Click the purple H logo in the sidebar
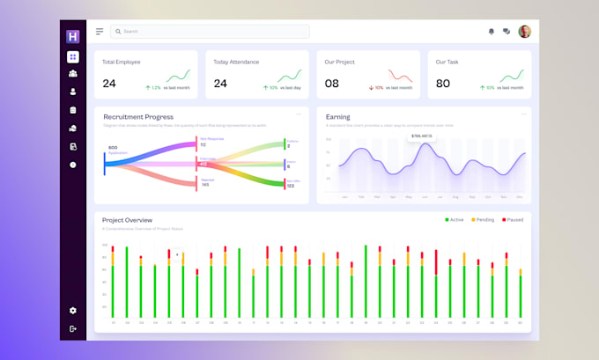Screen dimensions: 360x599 point(73,36)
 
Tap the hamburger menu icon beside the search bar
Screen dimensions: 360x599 point(100,32)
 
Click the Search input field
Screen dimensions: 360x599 point(210,32)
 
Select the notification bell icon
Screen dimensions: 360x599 point(492,32)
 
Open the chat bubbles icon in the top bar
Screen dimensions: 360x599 point(507,32)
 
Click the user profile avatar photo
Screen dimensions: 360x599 point(525,32)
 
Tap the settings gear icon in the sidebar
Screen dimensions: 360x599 point(73,311)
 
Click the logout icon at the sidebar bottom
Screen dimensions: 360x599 point(73,328)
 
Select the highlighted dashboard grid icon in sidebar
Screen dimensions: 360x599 point(73,57)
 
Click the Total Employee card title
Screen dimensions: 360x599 point(122,62)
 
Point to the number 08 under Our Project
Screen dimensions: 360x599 point(331,84)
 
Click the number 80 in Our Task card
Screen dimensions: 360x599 point(442,84)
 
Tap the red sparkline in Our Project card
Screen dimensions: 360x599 point(401,76)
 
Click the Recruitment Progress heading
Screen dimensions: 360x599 point(138,117)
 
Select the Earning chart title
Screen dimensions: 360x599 point(337,117)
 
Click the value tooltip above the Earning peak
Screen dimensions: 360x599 point(421,136)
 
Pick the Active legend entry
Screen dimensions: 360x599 point(455,219)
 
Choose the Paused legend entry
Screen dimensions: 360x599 point(513,219)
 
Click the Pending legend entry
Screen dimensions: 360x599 point(484,219)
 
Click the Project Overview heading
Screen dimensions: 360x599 point(127,220)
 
